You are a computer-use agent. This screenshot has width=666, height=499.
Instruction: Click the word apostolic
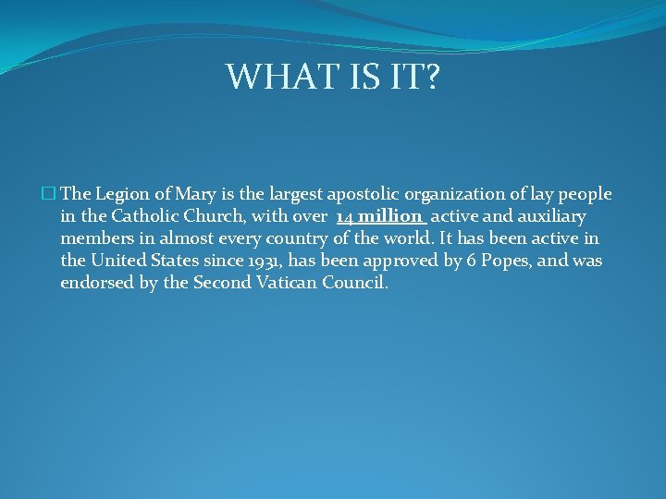click(x=353, y=194)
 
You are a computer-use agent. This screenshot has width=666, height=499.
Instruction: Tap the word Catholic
click(x=144, y=216)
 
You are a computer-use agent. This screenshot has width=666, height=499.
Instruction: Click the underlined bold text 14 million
click(x=380, y=216)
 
